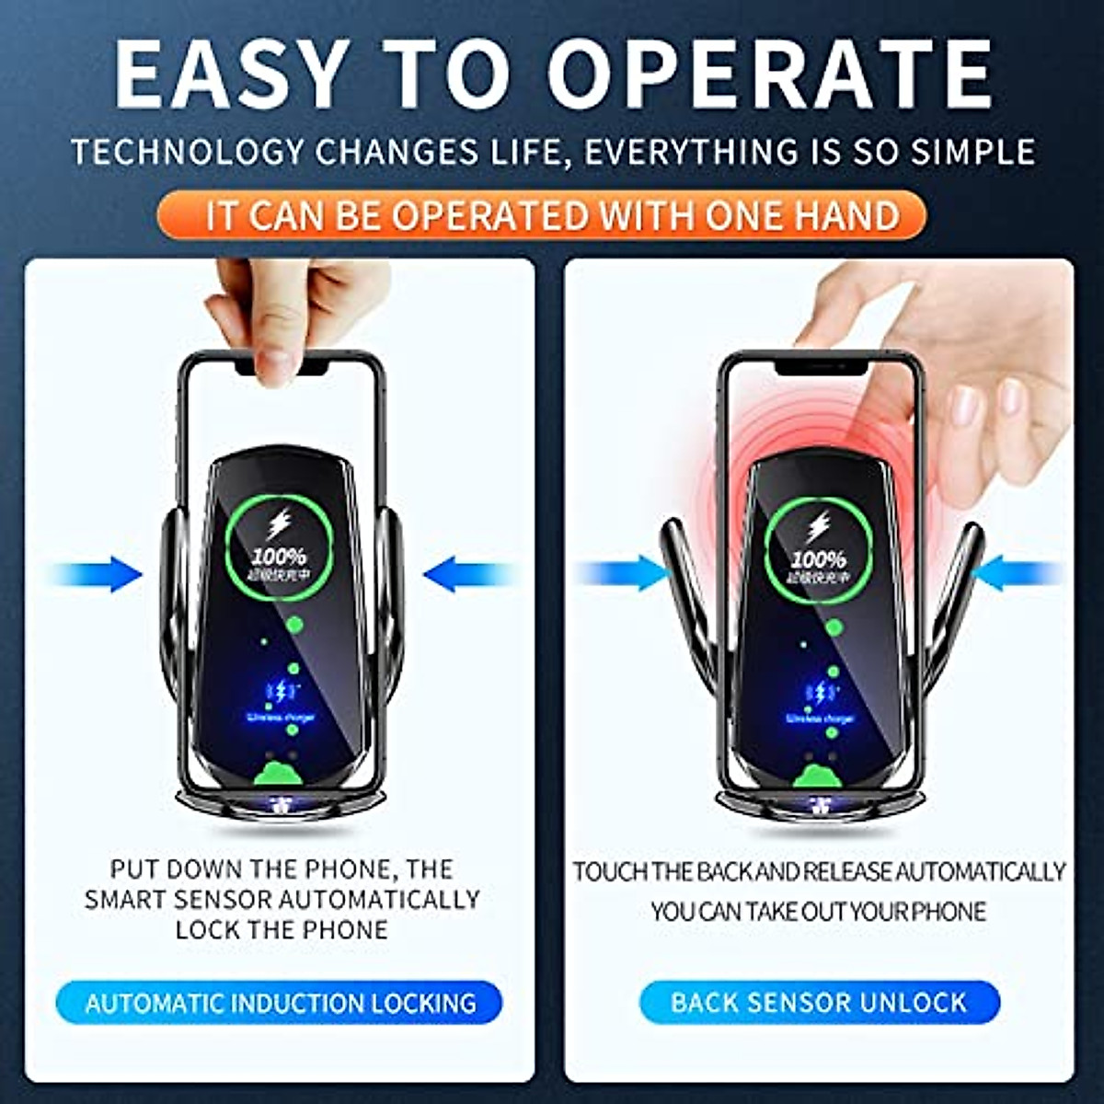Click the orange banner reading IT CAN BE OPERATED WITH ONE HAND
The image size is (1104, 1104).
(x=553, y=215)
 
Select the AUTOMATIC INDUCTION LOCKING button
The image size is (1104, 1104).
(x=281, y=1002)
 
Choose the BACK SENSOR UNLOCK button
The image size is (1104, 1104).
(x=819, y=1002)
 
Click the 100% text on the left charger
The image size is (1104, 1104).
(x=281, y=556)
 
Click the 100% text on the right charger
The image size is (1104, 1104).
(x=818, y=558)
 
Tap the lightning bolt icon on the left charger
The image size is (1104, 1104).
(x=278, y=524)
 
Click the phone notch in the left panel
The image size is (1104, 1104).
(x=281, y=365)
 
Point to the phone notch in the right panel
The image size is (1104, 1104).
(x=821, y=365)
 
